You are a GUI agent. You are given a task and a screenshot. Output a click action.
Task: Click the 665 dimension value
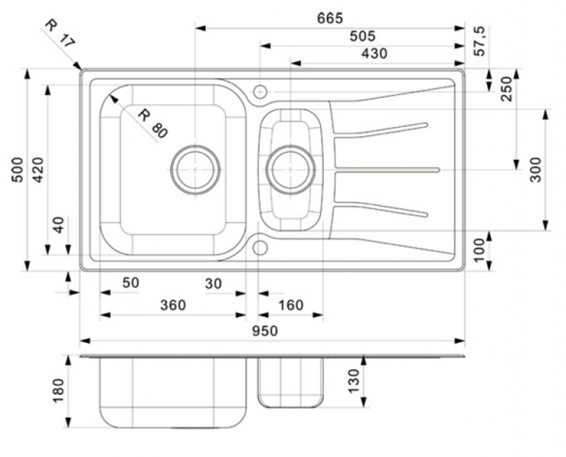[330, 18]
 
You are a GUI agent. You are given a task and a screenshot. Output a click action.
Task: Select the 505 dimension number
[362, 36]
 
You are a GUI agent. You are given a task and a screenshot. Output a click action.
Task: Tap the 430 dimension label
[374, 54]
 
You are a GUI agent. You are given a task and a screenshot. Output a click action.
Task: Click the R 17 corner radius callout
[59, 32]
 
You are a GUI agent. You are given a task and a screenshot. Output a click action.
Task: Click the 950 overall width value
[265, 331]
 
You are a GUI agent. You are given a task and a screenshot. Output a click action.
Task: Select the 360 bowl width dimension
[172, 305]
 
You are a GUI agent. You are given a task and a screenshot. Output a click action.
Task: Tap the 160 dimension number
[290, 305]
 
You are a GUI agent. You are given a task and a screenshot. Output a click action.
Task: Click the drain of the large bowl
[195, 169]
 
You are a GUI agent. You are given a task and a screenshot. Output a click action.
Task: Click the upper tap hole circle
[260, 91]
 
